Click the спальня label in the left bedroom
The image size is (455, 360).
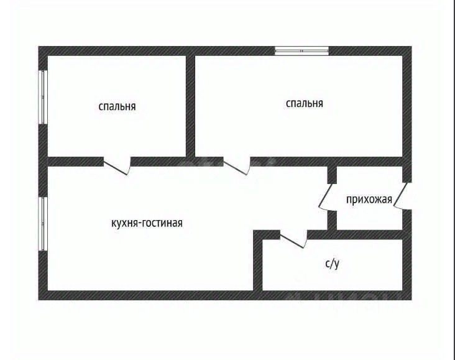click(x=117, y=106)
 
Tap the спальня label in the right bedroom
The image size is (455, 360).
click(x=304, y=103)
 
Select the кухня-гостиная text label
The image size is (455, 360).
click(x=147, y=223)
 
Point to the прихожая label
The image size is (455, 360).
click(x=369, y=199)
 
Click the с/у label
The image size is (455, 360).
click(x=333, y=264)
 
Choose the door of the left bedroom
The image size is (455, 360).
click(x=117, y=165)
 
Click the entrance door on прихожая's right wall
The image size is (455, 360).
click(x=401, y=197)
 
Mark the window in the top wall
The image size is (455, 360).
click(x=302, y=51)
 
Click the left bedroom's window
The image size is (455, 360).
click(x=43, y=97)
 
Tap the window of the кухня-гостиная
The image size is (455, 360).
click(x=43, y=224)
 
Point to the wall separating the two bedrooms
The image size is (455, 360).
click(x=191, y=106)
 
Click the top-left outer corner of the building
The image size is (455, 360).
click(x=39, y=47)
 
